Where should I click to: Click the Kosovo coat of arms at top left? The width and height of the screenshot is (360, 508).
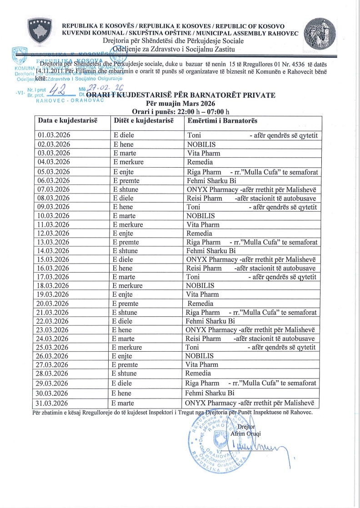40,32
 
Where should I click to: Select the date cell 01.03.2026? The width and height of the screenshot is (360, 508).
54,135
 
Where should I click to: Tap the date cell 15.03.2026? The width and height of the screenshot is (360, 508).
54,259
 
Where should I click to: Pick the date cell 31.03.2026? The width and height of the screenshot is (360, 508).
54,403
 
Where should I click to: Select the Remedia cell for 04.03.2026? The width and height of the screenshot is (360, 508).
200,162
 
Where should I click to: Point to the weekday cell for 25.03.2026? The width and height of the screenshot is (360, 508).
128,348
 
